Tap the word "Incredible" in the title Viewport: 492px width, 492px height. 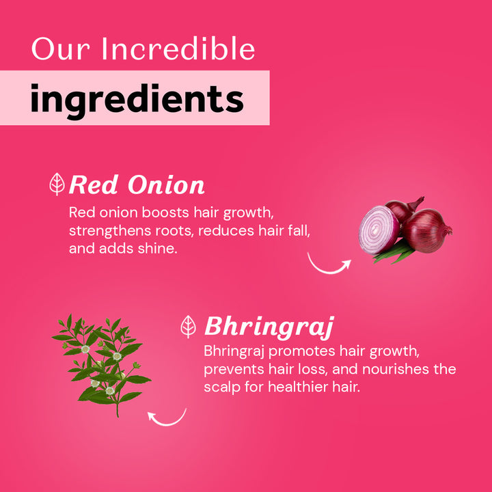point(178,49)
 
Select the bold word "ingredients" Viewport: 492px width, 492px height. point(137,99)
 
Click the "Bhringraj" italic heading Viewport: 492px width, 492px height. point(269,327)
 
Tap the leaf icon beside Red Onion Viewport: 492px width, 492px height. point(58,184)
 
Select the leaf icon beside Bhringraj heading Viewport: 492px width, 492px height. point(189,327)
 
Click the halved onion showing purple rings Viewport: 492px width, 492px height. point(379,230)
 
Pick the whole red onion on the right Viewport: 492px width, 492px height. point(427,229)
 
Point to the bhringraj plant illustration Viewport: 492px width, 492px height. point(102,362)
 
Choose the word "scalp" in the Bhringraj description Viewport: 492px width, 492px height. point(221,387)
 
